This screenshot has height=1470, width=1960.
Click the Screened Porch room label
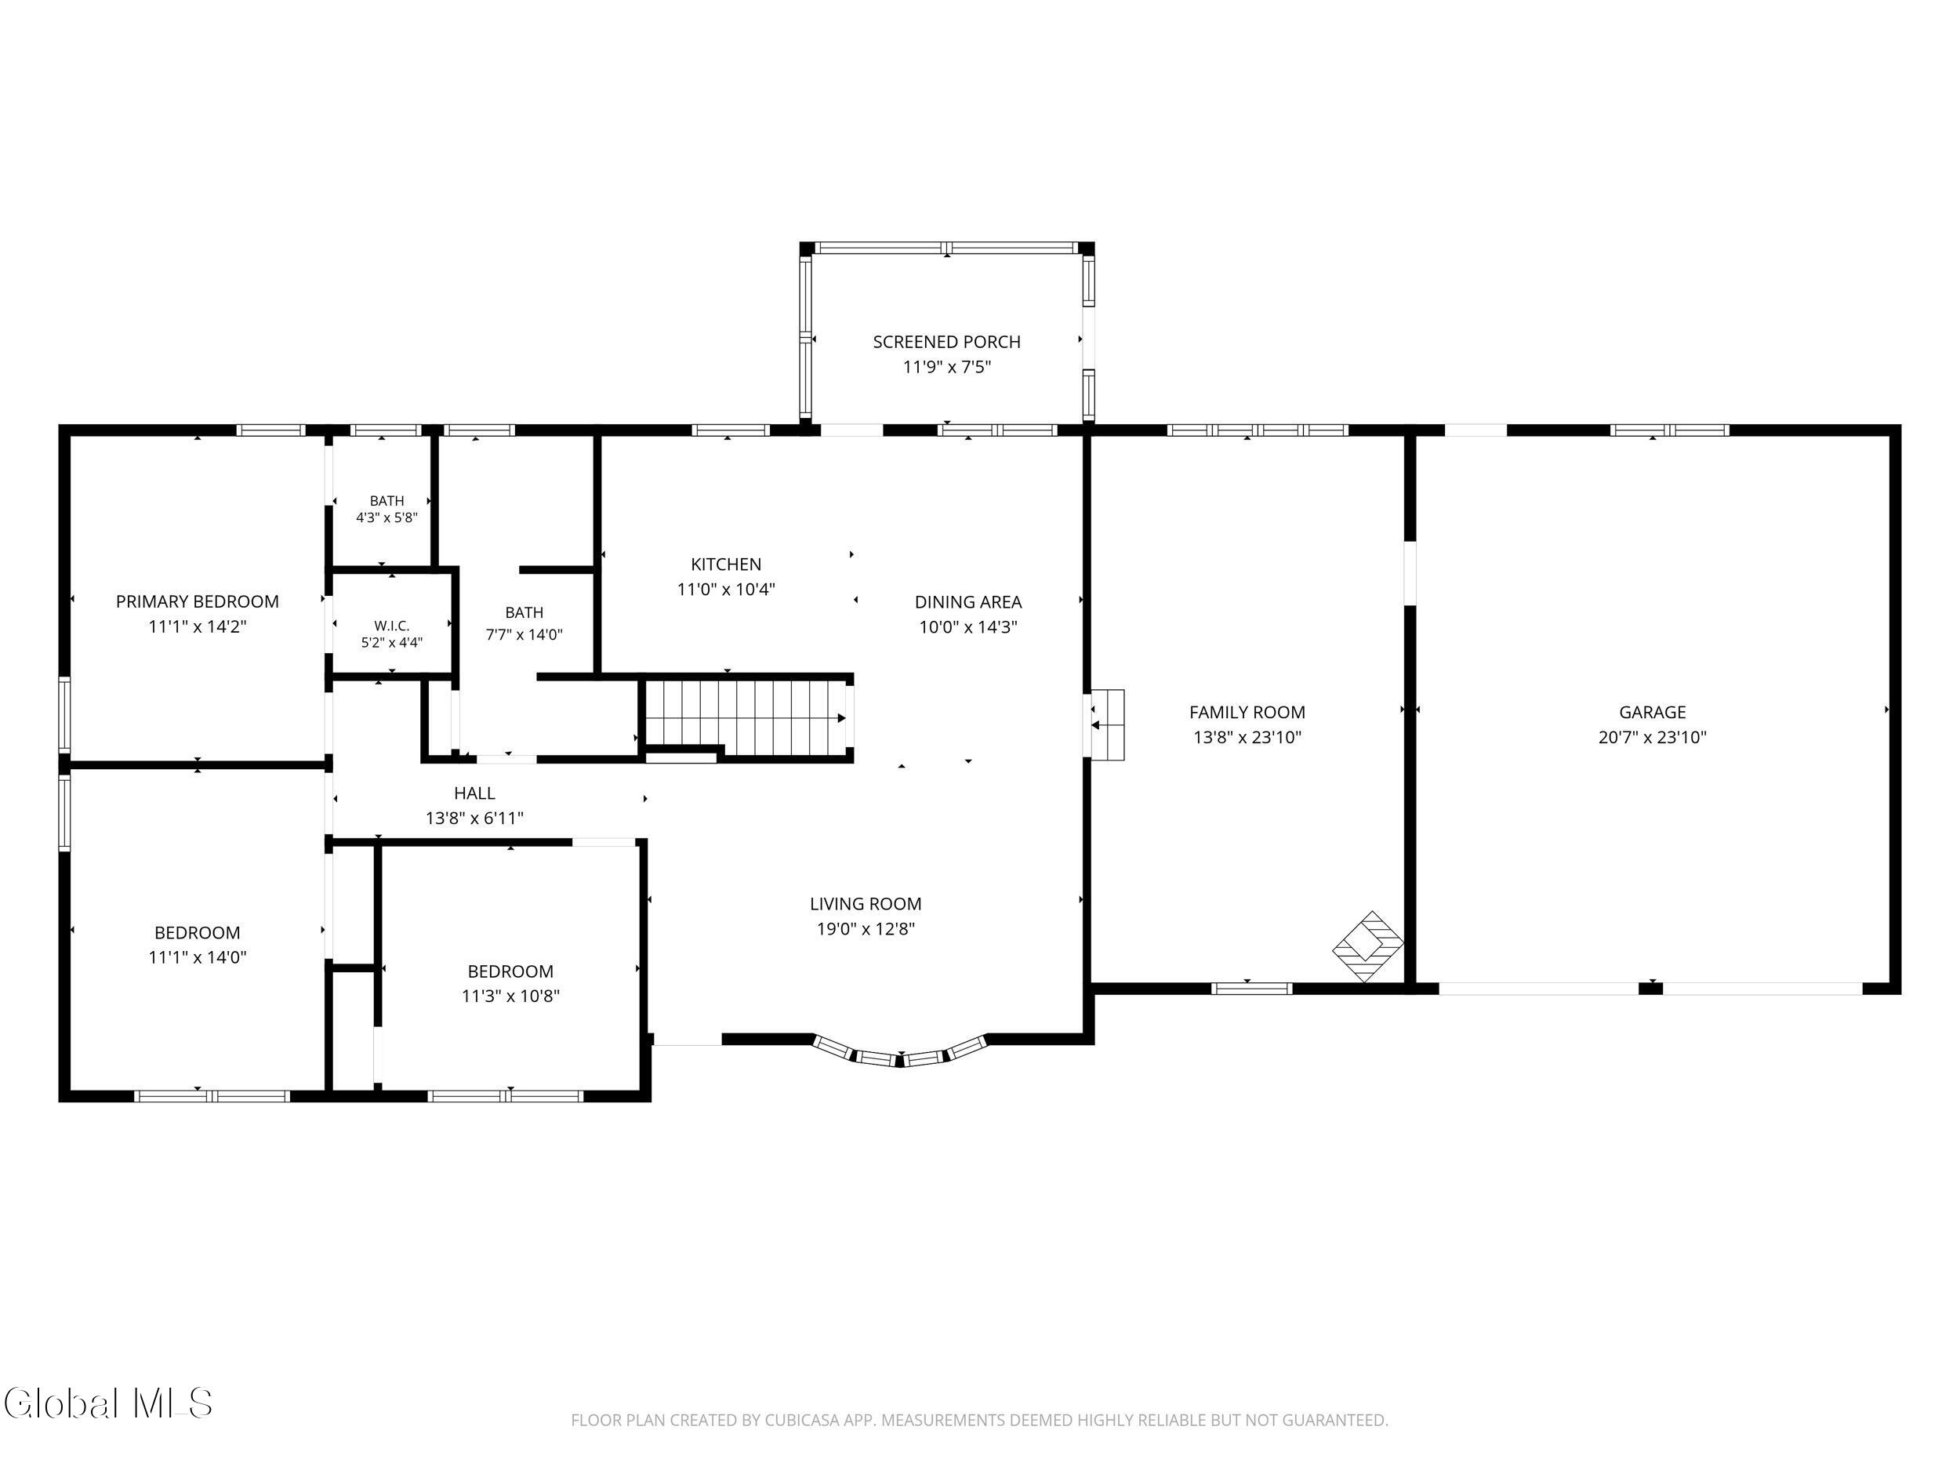[946, 342]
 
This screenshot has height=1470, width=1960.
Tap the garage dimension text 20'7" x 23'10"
[1652, 737]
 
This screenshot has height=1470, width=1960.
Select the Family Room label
[1247, 713]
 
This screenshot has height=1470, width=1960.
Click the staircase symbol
[747, 717]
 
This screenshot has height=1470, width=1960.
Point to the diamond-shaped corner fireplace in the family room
[1368, 946]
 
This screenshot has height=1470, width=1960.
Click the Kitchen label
[726, 564]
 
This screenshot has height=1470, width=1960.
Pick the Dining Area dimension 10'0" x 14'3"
[967, 627]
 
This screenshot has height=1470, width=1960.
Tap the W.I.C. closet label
[392, 626]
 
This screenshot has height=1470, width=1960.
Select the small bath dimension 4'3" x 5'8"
[387, 517]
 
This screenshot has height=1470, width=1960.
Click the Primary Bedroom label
[197, 601]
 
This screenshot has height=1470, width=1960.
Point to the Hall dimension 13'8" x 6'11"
[474, 818]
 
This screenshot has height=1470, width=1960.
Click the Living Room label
[865, 904]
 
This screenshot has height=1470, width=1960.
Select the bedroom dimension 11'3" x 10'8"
[510, 996]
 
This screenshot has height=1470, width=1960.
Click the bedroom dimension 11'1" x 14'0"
[197, 957]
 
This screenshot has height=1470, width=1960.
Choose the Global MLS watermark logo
[108, 1403]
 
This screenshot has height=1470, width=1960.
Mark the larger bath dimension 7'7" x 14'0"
[524, 635]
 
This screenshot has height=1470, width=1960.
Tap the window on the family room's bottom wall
[1251, 989]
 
